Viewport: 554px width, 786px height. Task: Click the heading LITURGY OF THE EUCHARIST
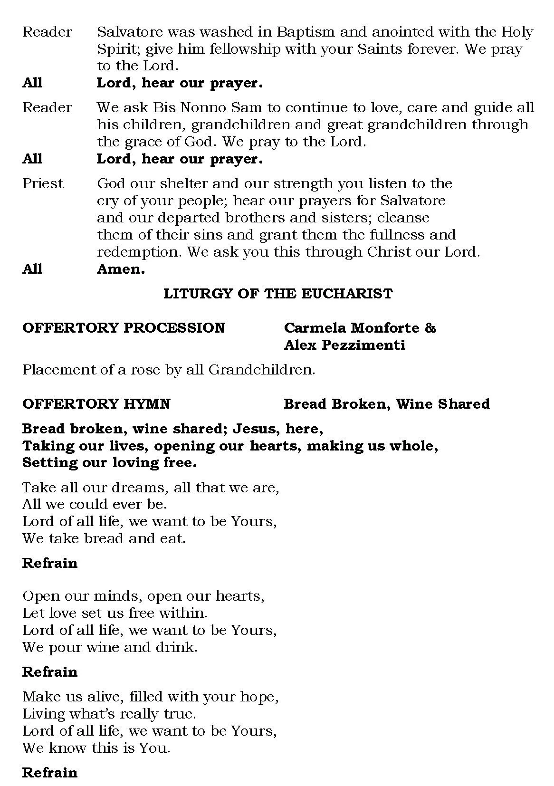click(x=277, y=294)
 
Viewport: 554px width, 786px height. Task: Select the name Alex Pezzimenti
click(x=344, y=345)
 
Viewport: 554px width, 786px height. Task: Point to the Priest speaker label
click(x=43, y=183)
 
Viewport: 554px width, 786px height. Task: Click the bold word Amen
click(x=121, y=269)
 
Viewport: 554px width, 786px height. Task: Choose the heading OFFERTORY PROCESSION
click(x=124, y=328)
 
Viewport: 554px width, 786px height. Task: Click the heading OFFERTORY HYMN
click(x=96, y=404)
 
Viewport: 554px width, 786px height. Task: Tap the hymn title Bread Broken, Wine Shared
click(x=386, y=404)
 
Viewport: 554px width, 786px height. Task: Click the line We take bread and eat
click(x=104, y=538)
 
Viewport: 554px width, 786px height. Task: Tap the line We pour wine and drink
click(x=110, y=647)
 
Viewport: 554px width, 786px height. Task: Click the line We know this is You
click(x=96, y=748)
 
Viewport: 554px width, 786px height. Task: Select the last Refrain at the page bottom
click(x=49, y=773)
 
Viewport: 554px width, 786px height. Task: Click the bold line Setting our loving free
click(x=109, y=462)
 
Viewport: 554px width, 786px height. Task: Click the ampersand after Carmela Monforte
click(x=430, y=328)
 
